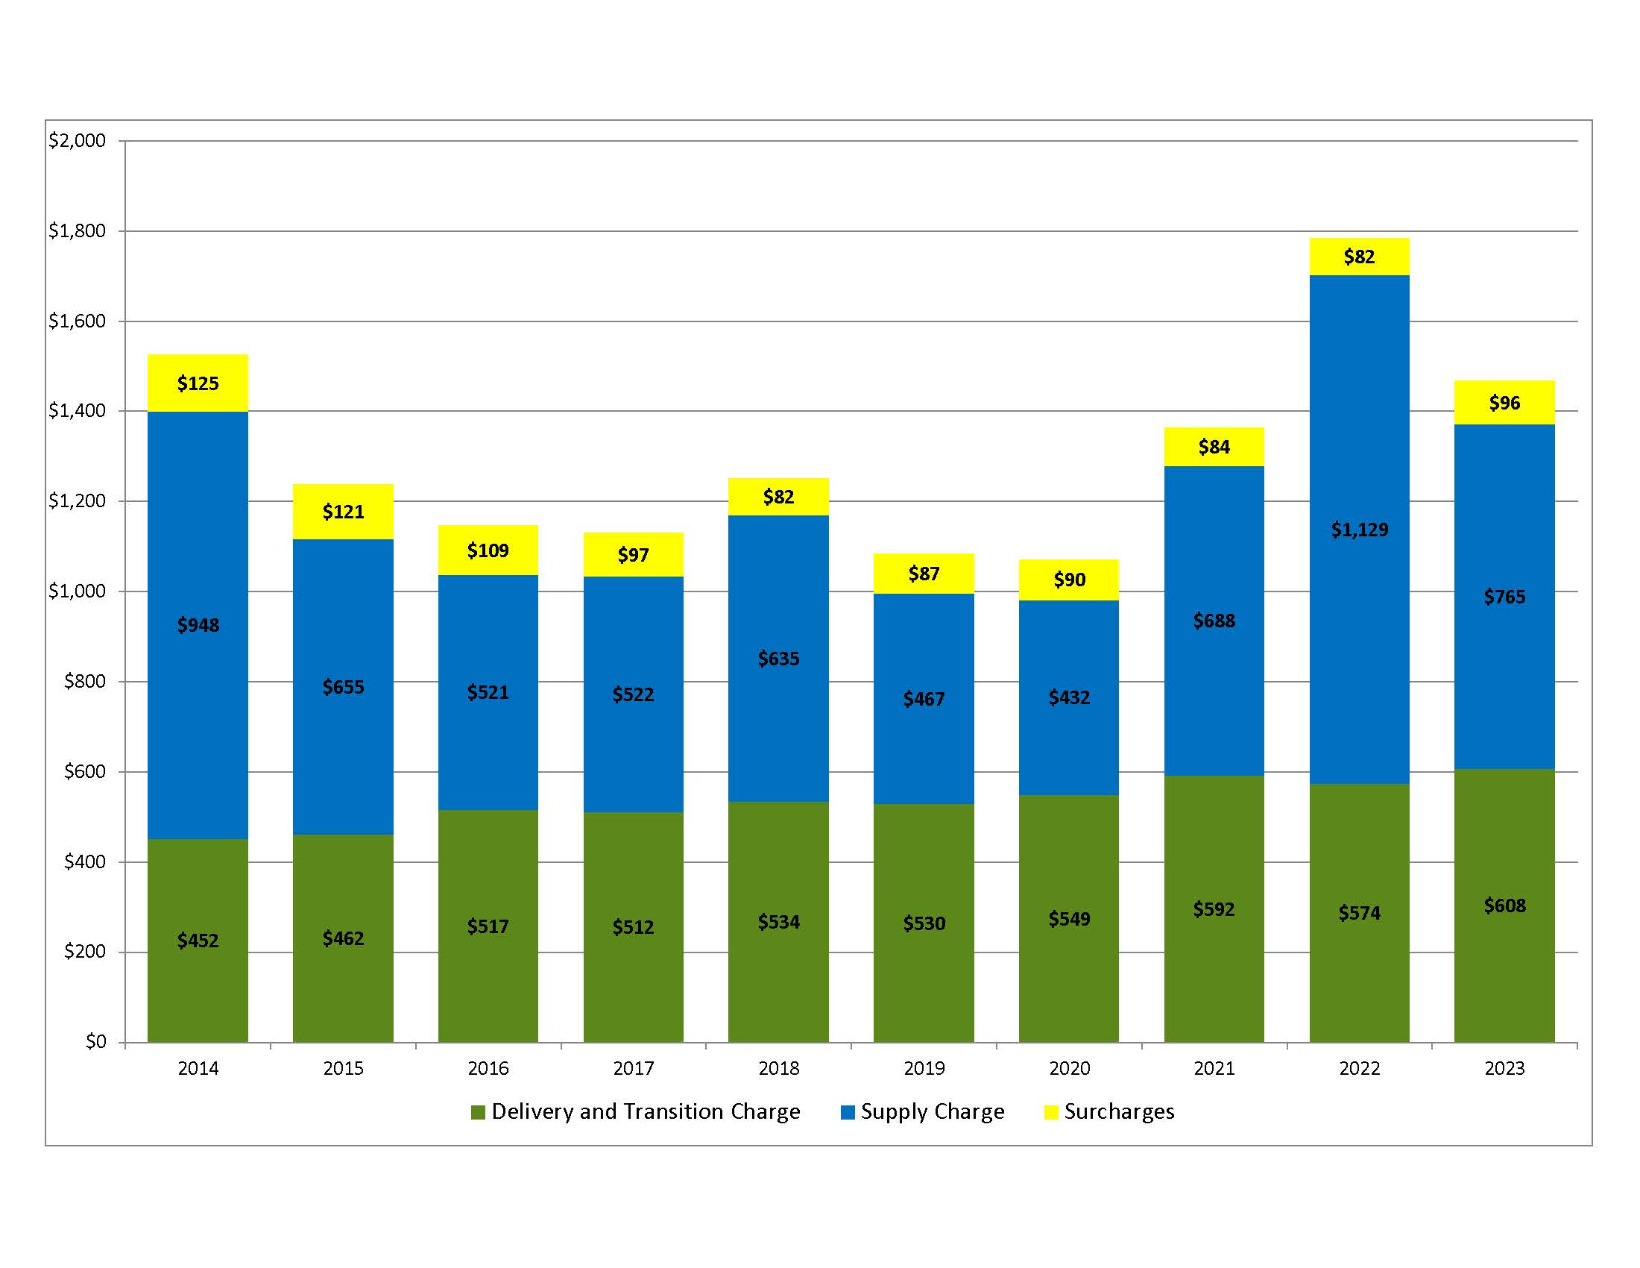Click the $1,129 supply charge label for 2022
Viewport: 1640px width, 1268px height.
[x=1359, y=530]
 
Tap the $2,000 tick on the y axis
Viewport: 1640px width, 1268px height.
[x=78, y=140]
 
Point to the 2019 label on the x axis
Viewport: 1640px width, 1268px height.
[x=924, y=1068]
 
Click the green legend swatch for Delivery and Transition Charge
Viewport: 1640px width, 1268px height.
[x=478, y=1113]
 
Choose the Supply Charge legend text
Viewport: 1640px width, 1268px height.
[x=932, y=1112]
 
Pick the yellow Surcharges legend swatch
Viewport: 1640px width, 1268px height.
[x=1050, y=1113]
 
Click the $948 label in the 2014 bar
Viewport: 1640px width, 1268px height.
[x=198, y=625]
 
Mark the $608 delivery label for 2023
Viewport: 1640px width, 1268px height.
[x=1504, y=906]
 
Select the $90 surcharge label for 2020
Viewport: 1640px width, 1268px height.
[x=1068, y=580]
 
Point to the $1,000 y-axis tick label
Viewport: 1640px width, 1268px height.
[x=78, y=591]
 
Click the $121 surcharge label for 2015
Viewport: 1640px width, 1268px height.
[x=343, y=512]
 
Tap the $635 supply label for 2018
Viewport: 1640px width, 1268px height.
[x=778, y=659]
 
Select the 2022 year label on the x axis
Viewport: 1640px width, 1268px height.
[x=1359, y=1068]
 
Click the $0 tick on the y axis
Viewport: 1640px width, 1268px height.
[x=95, y=1042]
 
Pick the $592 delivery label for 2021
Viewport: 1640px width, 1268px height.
[x=1214, y=909]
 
